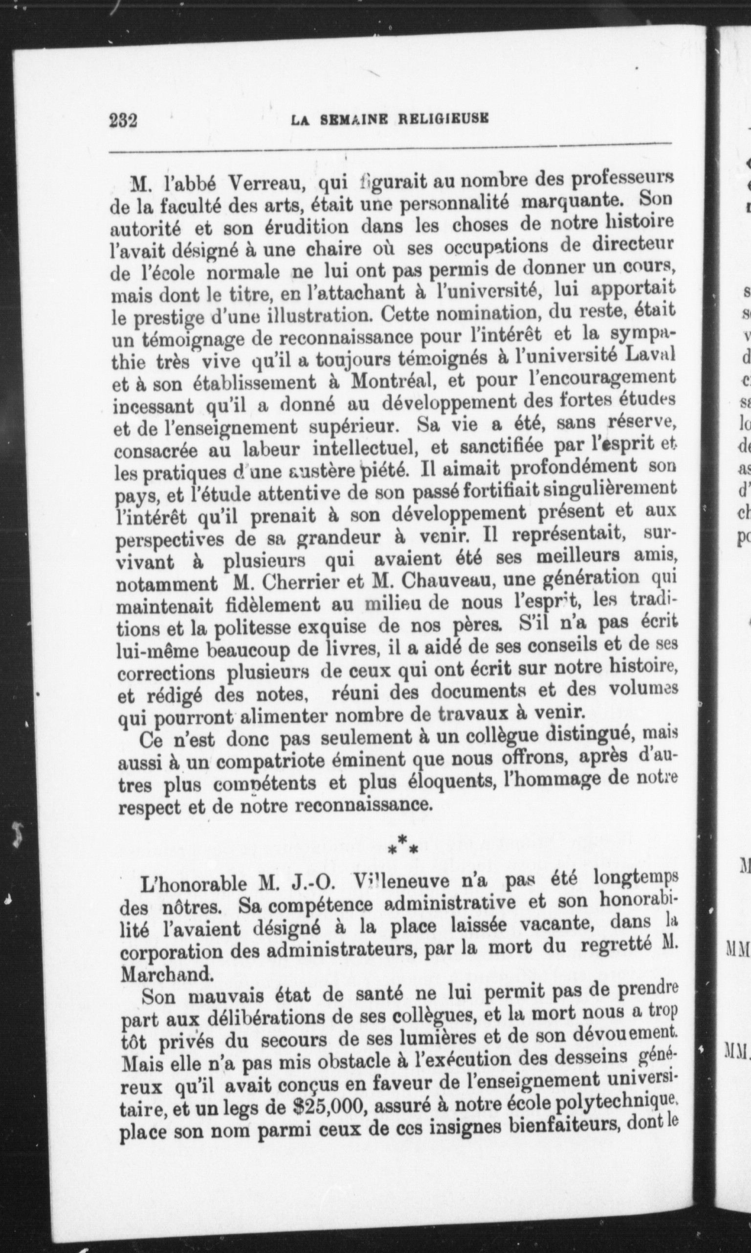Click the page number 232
coord(124,121)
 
